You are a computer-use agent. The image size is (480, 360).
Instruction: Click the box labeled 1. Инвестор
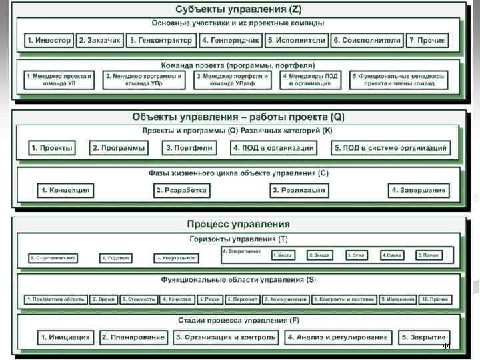[x=49, y=40]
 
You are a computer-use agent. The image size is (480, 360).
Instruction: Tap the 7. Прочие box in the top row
[x=427, y=40]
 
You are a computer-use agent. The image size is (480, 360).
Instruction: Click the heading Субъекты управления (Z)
[x=239, y=9]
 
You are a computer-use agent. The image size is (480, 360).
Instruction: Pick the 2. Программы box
[x=119, y=148]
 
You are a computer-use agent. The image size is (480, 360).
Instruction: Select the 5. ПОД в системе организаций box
[x=391, y=148]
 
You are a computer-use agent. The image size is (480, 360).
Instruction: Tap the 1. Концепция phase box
[x=65, y=191]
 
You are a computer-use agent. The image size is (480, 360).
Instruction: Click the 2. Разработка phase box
[x=182, y=191]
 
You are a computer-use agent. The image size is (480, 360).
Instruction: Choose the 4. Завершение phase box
[x=419, y=191]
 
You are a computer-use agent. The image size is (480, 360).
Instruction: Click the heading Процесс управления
[x=239, y=224]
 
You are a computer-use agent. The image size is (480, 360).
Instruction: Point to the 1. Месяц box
[x=285, y=255]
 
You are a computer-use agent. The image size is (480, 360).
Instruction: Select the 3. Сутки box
[x=359, y=255]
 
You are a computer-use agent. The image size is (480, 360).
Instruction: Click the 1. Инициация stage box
[x=66, y=338]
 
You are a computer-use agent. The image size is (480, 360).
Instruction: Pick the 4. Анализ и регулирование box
[x=337, y=338]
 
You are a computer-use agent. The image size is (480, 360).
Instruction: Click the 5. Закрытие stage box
[x=423, y=338]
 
